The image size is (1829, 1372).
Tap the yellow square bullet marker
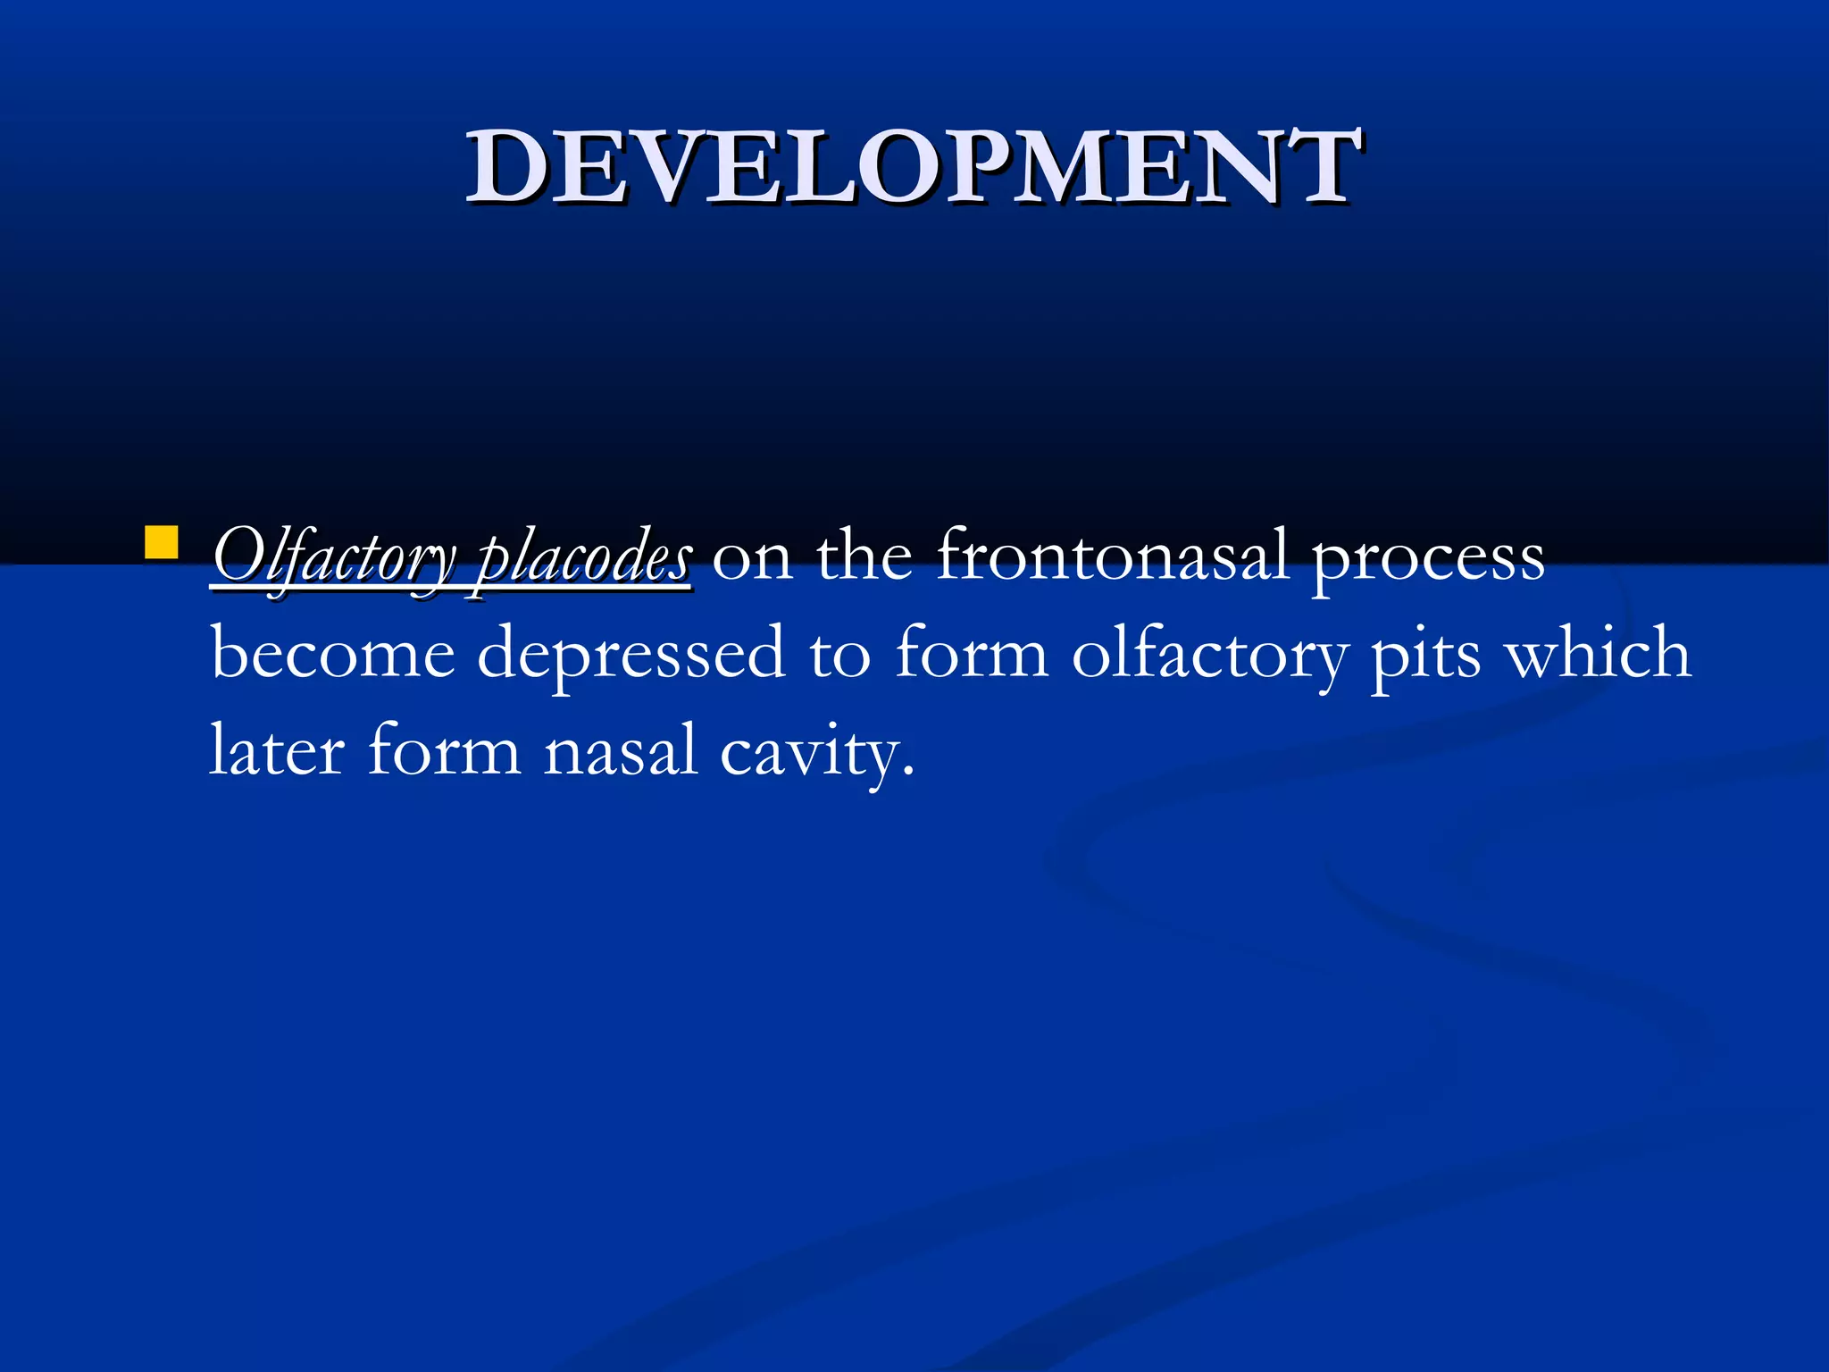click(x=161, y=542)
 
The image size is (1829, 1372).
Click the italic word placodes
click(x=583, y=558)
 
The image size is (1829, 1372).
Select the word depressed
click(x=631, y=655)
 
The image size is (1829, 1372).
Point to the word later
click(x=277, y=750)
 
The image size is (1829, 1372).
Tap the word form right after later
click(x=444, y=750)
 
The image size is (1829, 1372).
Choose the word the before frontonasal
click(x=864, y=556)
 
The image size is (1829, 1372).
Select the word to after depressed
click(x=839, y=655)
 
